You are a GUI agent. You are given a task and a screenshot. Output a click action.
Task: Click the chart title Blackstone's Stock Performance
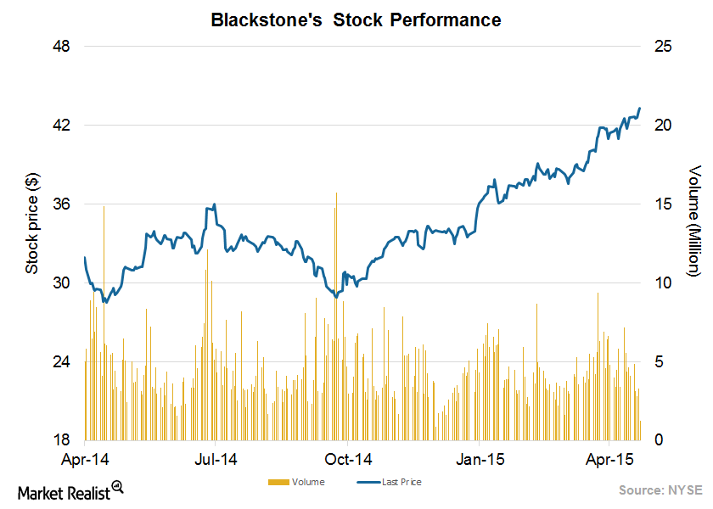[356, 20]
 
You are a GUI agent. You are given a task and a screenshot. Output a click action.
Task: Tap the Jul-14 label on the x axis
[216, 460]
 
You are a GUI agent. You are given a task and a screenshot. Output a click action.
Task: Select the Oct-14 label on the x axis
[348, 460]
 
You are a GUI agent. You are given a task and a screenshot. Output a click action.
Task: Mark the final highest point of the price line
[640, 109]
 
